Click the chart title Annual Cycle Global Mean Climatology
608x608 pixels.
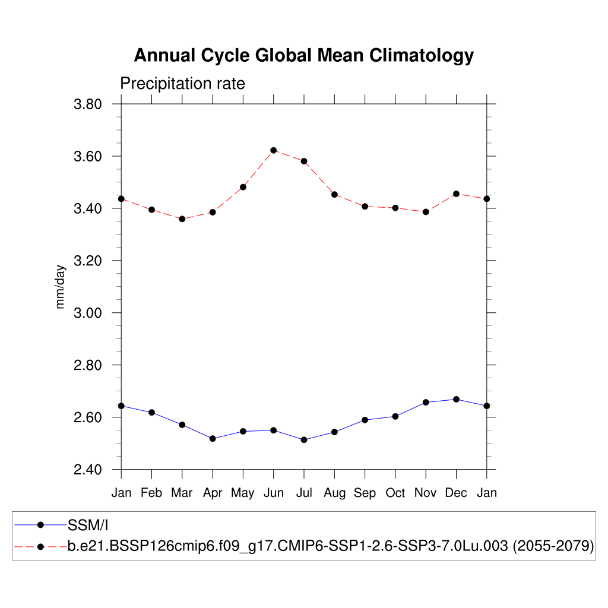303,55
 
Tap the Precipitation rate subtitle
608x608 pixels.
182,84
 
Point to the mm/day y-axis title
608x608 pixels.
61,287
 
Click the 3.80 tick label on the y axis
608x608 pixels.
88,104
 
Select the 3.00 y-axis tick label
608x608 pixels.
88,313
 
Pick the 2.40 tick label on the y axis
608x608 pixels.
88,470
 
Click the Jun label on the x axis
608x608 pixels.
273,493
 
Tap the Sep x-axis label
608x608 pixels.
365,493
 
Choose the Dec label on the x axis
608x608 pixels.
456,493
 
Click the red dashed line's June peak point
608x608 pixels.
273,150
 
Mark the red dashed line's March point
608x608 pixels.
182,219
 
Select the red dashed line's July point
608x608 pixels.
304,161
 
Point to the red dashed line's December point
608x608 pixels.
456,194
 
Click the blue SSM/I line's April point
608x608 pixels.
213,438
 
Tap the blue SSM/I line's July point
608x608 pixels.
304,440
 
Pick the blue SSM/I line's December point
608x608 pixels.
456,399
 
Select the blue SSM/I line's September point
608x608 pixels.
365,420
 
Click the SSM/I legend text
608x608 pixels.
88,525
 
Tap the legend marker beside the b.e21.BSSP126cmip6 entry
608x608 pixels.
40,546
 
